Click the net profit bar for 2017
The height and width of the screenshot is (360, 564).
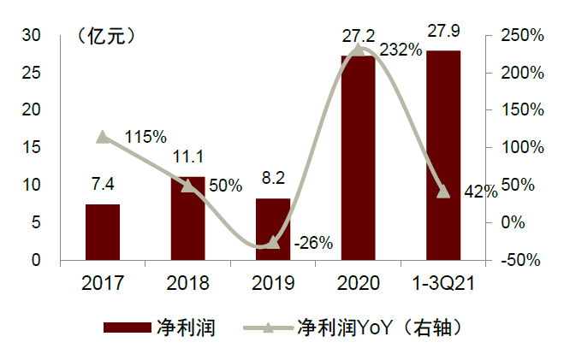103,232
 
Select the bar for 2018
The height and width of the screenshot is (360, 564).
187,218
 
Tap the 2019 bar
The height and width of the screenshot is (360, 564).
273,228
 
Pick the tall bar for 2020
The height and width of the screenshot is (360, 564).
358,158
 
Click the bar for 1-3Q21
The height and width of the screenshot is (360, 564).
443,155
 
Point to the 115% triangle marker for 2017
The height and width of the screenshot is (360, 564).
103,137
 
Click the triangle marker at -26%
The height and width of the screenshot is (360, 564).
273,242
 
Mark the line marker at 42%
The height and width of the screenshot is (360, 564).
443,192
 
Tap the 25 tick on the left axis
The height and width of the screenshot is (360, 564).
33,73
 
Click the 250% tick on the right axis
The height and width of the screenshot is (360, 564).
519,35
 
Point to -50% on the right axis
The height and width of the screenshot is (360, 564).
519,260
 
